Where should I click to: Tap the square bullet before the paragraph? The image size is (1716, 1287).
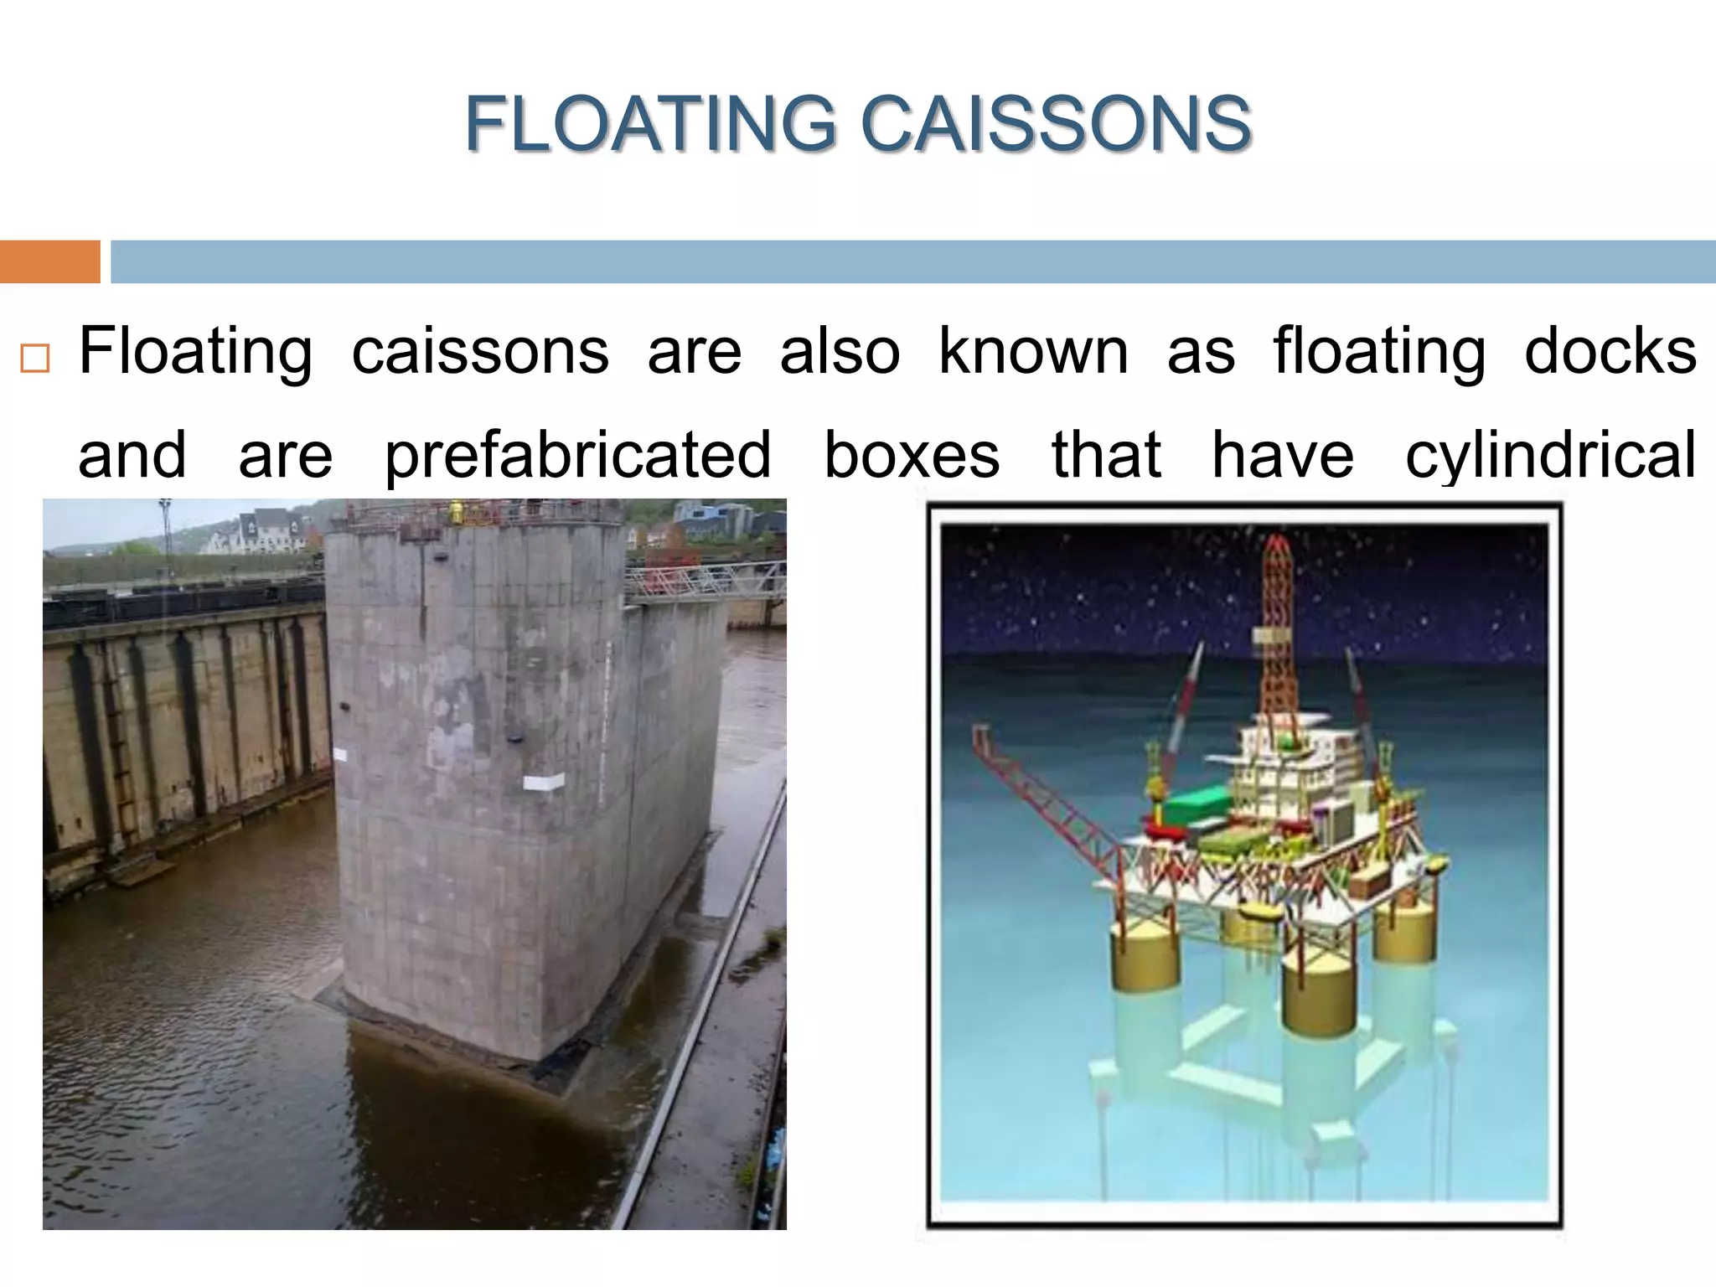(x=35, y=359)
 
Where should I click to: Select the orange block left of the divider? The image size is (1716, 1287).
(x=49, y=261)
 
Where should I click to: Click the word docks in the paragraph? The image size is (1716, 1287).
(x=1610, y=352)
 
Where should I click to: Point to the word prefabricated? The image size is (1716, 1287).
(x=578, y=455)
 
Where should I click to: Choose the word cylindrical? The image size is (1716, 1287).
(x=1551, y=455)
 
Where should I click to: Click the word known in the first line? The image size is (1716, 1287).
(x=1032, y=352)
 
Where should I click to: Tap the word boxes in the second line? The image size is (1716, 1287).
(x=912, y=455)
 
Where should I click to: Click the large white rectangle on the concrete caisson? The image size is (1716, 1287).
(x=543, y=783)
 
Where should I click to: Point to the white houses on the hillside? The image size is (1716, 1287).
(x=260, y=533)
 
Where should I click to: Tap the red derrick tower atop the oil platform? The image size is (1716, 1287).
(x=1275, y=620)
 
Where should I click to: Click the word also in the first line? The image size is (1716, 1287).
(x=840, y=352)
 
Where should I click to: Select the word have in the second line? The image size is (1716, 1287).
(x=1282, y=455)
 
